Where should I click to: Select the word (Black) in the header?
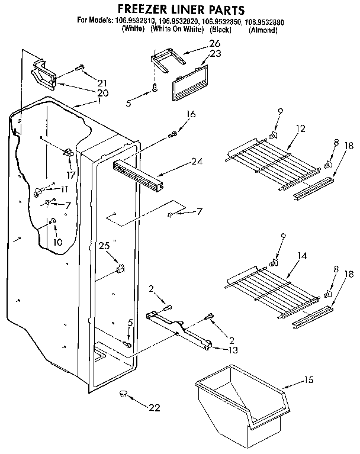[220, 30]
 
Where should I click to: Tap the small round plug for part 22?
[123, 392]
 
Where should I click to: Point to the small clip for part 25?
[121, 268]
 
